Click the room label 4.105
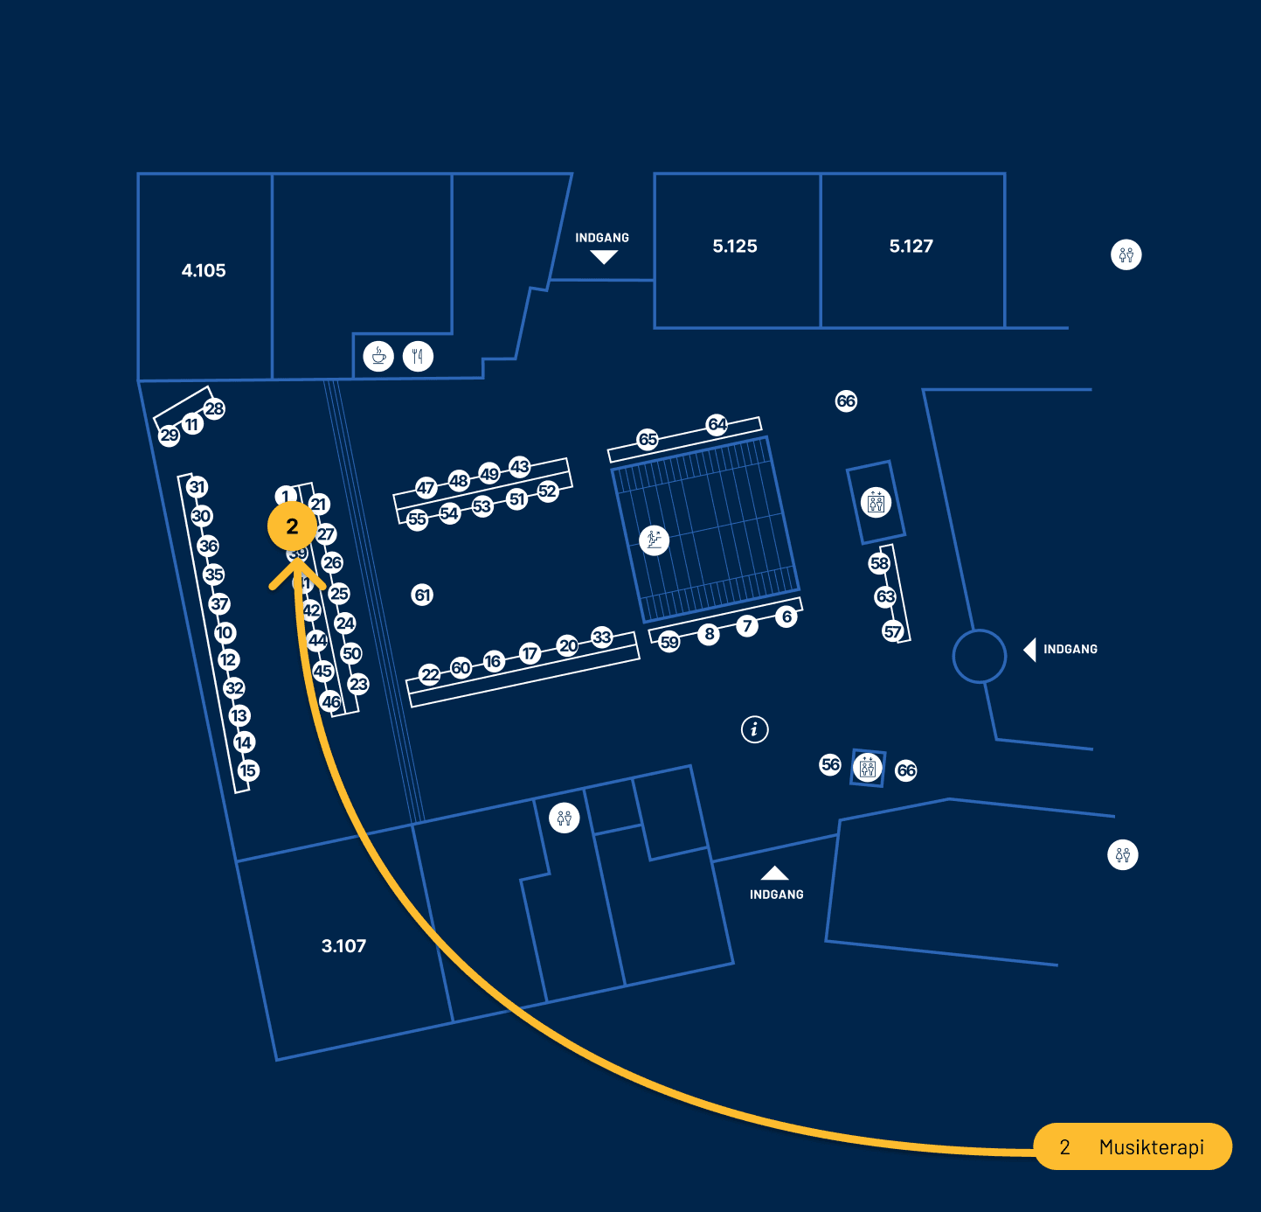click(x=204, y=271)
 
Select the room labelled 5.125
click(x=735, y=247)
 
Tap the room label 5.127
click(x=911, y=247)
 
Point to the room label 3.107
click(x=343, y=946)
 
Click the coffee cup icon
click(x=378, y=356)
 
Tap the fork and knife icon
click(x=419, y=356)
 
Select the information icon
click(x=755, y=728)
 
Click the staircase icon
click(x=654, y=540)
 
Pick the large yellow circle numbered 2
click(x=292, y=526)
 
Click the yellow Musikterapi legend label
click(x=1133, y=1146)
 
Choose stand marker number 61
click(x=422, y=596)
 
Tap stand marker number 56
click(x=830, y=765)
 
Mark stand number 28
click(x=214, y=408)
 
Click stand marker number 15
click(x=248, y=770)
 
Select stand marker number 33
click(x=602, y=637)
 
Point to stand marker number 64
click(x=717, y=424)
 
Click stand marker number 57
click(x=892, y=631)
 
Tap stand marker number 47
click(x=426, y=488)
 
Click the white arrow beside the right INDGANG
click(x=1029, y=650)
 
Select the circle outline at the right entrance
click(x=980, y=656)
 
